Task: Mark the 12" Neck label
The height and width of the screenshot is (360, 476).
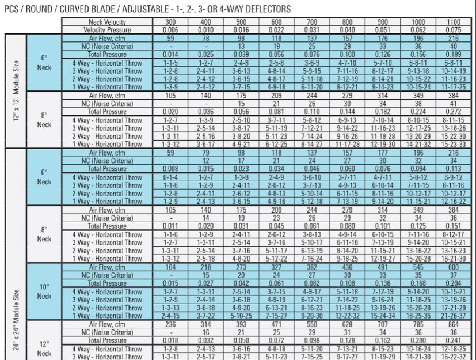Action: point(44,348)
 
